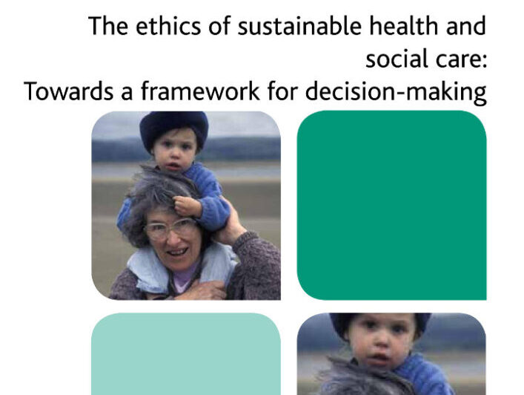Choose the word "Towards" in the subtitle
point(68,91)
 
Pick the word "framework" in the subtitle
point(200,91)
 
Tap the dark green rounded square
point(391,205)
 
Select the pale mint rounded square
point(186,354)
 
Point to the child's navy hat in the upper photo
point(173,130)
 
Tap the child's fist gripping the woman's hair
point(187,206)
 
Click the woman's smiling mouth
point(176,252)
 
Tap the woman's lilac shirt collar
point(186,275)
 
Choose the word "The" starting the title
point(108,26)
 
